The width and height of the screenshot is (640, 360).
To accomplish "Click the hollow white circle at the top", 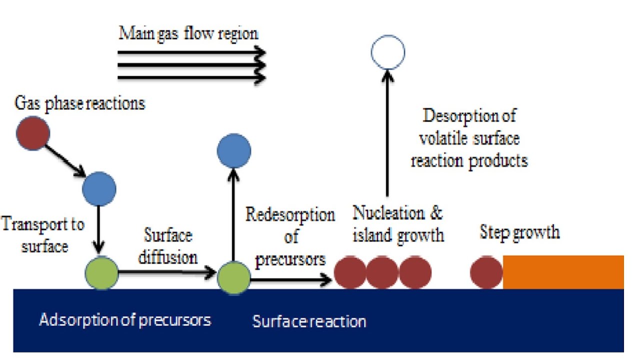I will [x=387, y=52].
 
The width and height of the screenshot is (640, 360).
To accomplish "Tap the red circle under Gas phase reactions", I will [x=33, y=132].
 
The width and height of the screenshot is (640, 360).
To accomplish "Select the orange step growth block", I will [x=563, y=272].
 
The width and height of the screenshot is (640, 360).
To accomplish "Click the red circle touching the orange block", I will [x=486, y=272].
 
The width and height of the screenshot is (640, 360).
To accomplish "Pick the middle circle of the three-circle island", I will [x=382, y=272].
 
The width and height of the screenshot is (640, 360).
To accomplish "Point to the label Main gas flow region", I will [x=188, y=34].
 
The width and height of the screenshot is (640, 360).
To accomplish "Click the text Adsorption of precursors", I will [x=125, y=319].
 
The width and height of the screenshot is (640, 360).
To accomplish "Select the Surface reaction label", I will [x=309, y=321].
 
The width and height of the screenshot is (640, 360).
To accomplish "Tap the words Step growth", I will [x=519, y=232].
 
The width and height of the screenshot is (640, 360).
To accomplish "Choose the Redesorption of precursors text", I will [x=290, y=237].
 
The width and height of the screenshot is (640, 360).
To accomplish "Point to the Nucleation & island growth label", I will [x=398, y=223].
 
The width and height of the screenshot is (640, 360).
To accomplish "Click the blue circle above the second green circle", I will [x=233, y=150].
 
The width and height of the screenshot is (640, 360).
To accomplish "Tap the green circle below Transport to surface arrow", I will [x=101, y=273].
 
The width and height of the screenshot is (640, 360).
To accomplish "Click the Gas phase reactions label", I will [x=80, y=103].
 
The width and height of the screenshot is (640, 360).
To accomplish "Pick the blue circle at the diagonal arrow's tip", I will [x=99, y=188].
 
